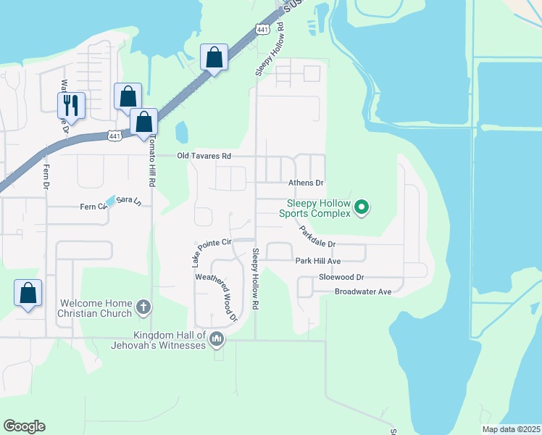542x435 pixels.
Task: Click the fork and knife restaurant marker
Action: coord(71,104)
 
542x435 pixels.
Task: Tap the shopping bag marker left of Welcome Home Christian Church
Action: coord(28,294)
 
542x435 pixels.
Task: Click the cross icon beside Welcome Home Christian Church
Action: coord(143,308)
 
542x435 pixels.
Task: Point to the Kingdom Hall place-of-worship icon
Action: coord(216,339)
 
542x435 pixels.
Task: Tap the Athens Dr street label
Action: coord(306,183)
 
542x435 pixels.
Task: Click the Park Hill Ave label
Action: coord(317,261)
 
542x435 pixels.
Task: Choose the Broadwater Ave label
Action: coord(362,291)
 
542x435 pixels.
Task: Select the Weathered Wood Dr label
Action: coord(216,297)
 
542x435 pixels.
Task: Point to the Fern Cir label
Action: coord(93,207)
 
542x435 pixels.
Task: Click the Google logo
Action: coord(24,426)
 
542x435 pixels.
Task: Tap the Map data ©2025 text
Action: coord(511,429)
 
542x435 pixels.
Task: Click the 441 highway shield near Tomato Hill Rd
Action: coord(114,136)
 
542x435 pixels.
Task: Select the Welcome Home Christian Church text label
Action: coord(96,308)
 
